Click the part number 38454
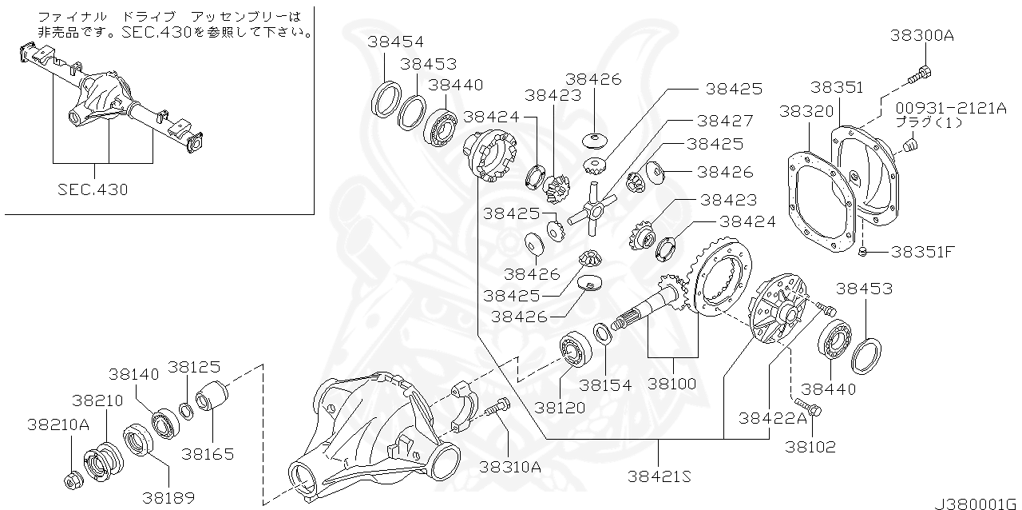pos(396,42)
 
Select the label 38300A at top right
pos(922,36)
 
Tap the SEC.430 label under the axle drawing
pos(93,189)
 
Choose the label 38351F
pos(922,252)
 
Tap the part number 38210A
pos(57,424)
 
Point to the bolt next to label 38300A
pos(919,75)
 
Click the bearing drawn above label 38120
pos(572,349)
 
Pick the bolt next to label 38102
pos(807,408)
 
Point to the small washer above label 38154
pos(603,332)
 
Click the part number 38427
pos(724,121)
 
